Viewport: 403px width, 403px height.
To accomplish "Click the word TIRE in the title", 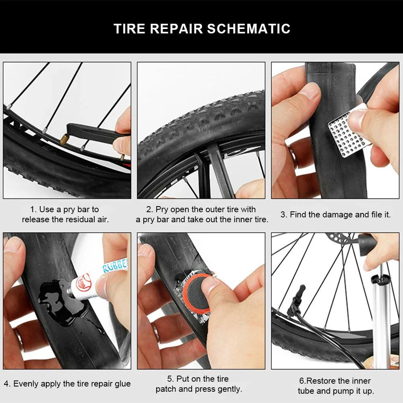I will tap(129, 29).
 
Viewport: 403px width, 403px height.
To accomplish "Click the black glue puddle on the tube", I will tap(54, 300).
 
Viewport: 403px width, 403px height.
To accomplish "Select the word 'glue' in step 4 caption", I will tap(122, 384).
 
